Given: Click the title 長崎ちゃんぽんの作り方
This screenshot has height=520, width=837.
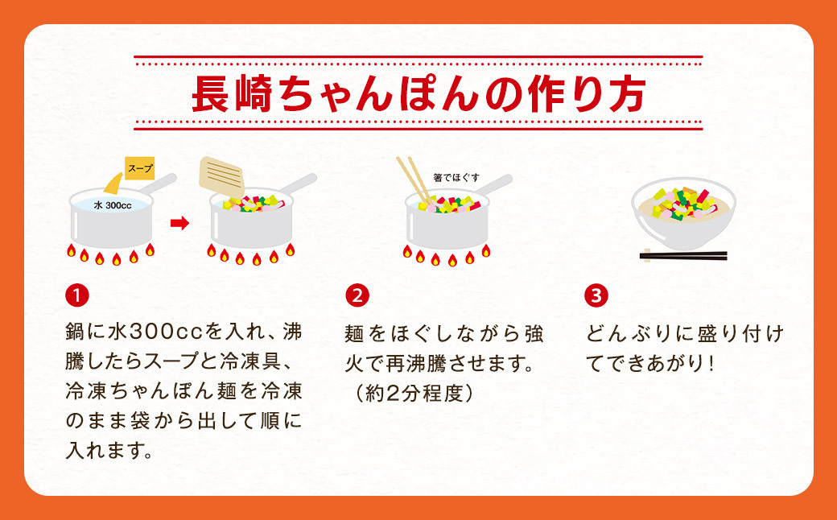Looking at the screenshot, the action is pos(418,94).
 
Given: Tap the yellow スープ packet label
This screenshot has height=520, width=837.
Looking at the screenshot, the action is pos(140,168).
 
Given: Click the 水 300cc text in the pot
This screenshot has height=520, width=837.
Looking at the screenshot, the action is pos(113,205).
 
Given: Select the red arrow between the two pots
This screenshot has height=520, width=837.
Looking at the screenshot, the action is pos(180,223).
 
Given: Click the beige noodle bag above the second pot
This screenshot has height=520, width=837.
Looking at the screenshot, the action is pos(222,177).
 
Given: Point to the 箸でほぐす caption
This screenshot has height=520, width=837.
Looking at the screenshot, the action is pos(456,178).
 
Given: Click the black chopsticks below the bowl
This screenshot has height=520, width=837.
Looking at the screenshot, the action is pos(683,256).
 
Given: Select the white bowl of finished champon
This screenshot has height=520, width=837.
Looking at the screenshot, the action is pos(684,213).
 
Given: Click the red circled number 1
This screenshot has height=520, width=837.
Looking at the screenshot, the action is pos(77,295).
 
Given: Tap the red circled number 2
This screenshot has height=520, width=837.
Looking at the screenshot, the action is pos(357,295).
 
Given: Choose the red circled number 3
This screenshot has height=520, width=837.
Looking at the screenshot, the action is pos(596,295).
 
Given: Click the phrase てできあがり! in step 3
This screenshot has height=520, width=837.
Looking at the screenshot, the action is pos(650,364).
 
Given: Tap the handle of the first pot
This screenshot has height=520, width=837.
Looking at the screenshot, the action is pos(158,184).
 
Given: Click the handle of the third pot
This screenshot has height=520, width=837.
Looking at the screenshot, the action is pos(494,184).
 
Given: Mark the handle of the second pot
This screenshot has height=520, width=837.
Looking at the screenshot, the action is pos(299,184).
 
